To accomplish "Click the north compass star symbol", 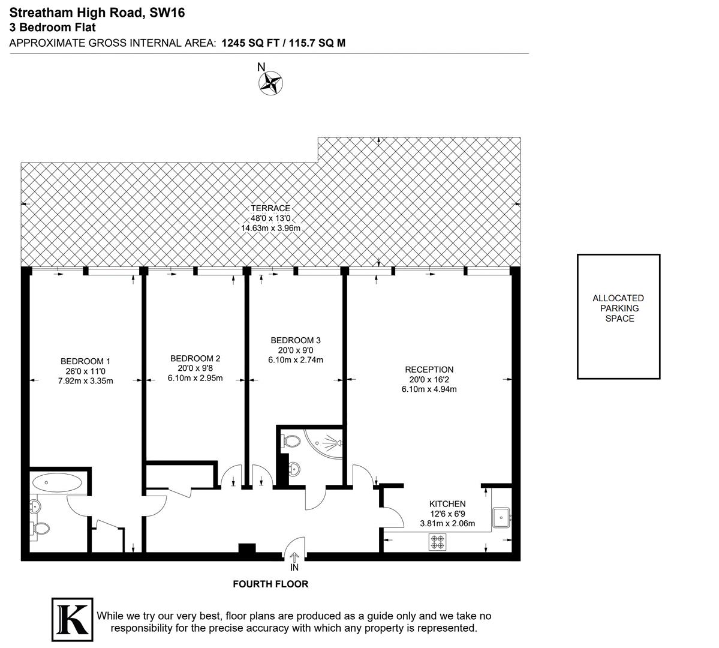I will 270,83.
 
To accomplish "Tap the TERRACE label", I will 270,208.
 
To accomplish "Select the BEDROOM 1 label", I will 85,361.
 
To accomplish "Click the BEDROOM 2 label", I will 195,358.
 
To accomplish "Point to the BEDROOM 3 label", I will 295,340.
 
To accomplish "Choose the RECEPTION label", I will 429,370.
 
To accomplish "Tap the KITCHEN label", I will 447,504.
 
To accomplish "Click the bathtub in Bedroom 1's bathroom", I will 58,482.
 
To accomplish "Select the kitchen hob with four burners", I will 437,542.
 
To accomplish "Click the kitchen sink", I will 501,517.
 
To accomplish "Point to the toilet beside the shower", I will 292,442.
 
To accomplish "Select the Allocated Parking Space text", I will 618,308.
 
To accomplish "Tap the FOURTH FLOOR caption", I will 270,584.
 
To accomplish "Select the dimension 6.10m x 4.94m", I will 429,389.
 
